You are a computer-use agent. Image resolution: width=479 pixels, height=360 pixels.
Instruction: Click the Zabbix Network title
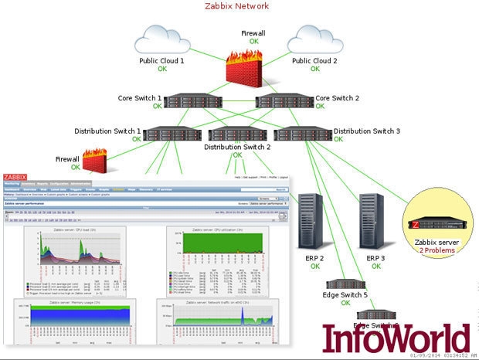[x=237, y=6]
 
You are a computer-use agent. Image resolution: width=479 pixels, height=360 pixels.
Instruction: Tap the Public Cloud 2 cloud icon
[x=317, y=40]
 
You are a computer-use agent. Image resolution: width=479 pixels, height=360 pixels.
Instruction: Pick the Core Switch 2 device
[x=283, y=100]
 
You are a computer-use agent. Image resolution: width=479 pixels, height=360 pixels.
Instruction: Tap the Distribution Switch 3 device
[x=302, y=133]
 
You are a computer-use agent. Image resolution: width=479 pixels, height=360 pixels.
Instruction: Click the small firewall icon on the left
[x=93, y=160]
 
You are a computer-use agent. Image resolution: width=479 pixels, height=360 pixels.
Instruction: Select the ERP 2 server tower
[x=311, y=222]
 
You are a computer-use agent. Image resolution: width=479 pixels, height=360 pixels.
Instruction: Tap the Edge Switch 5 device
[x=344, y=284]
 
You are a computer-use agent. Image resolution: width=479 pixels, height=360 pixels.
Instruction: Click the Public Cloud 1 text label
[x=161, y=60]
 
